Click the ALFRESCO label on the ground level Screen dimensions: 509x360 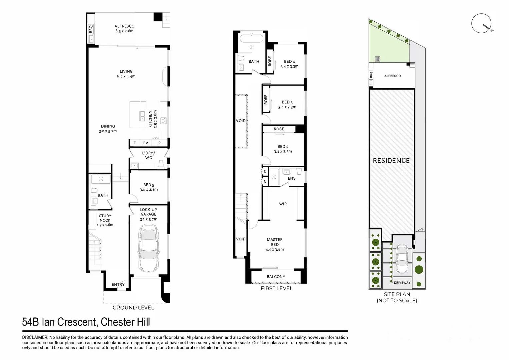click(124, 26)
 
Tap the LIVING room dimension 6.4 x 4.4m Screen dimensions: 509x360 click(126, 76)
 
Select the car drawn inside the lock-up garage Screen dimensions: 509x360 click(148, 248)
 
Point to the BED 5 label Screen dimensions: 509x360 click(149, 185)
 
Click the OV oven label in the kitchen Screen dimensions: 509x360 click(145, 143)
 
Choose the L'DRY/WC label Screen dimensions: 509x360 click(149, 155)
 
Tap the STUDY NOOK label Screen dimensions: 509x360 click(105, 218)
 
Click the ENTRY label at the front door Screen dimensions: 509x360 click(118, 285)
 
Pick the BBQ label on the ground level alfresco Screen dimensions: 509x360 click(91, 29)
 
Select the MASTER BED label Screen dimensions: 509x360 click(275, 242)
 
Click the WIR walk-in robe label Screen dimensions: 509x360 click(283, 204)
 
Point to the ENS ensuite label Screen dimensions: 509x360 click(292, 178)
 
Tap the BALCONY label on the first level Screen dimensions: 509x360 click(276, 277)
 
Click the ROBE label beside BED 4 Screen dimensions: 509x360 click(270, 61)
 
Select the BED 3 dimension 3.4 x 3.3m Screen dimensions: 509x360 click(287, 107)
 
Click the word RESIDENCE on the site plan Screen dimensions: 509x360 click(391, 161)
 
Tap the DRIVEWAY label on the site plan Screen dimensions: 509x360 click(402, 283)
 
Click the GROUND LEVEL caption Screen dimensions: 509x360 click(133, 308)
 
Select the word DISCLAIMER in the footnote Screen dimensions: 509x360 click(35, 337)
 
